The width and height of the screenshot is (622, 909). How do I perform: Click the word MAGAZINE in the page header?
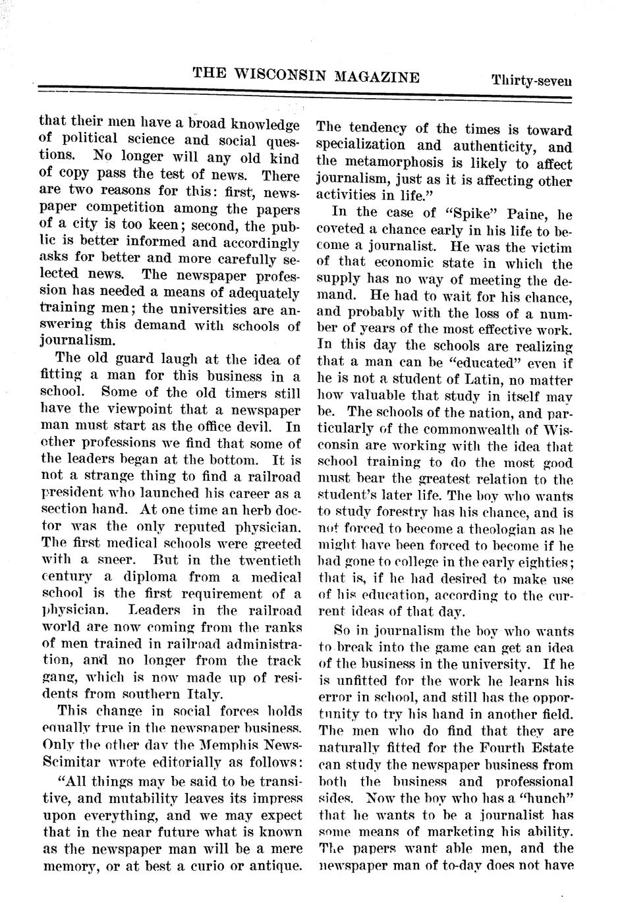point(377,77)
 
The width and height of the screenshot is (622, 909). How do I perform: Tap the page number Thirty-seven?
point(531,81)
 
